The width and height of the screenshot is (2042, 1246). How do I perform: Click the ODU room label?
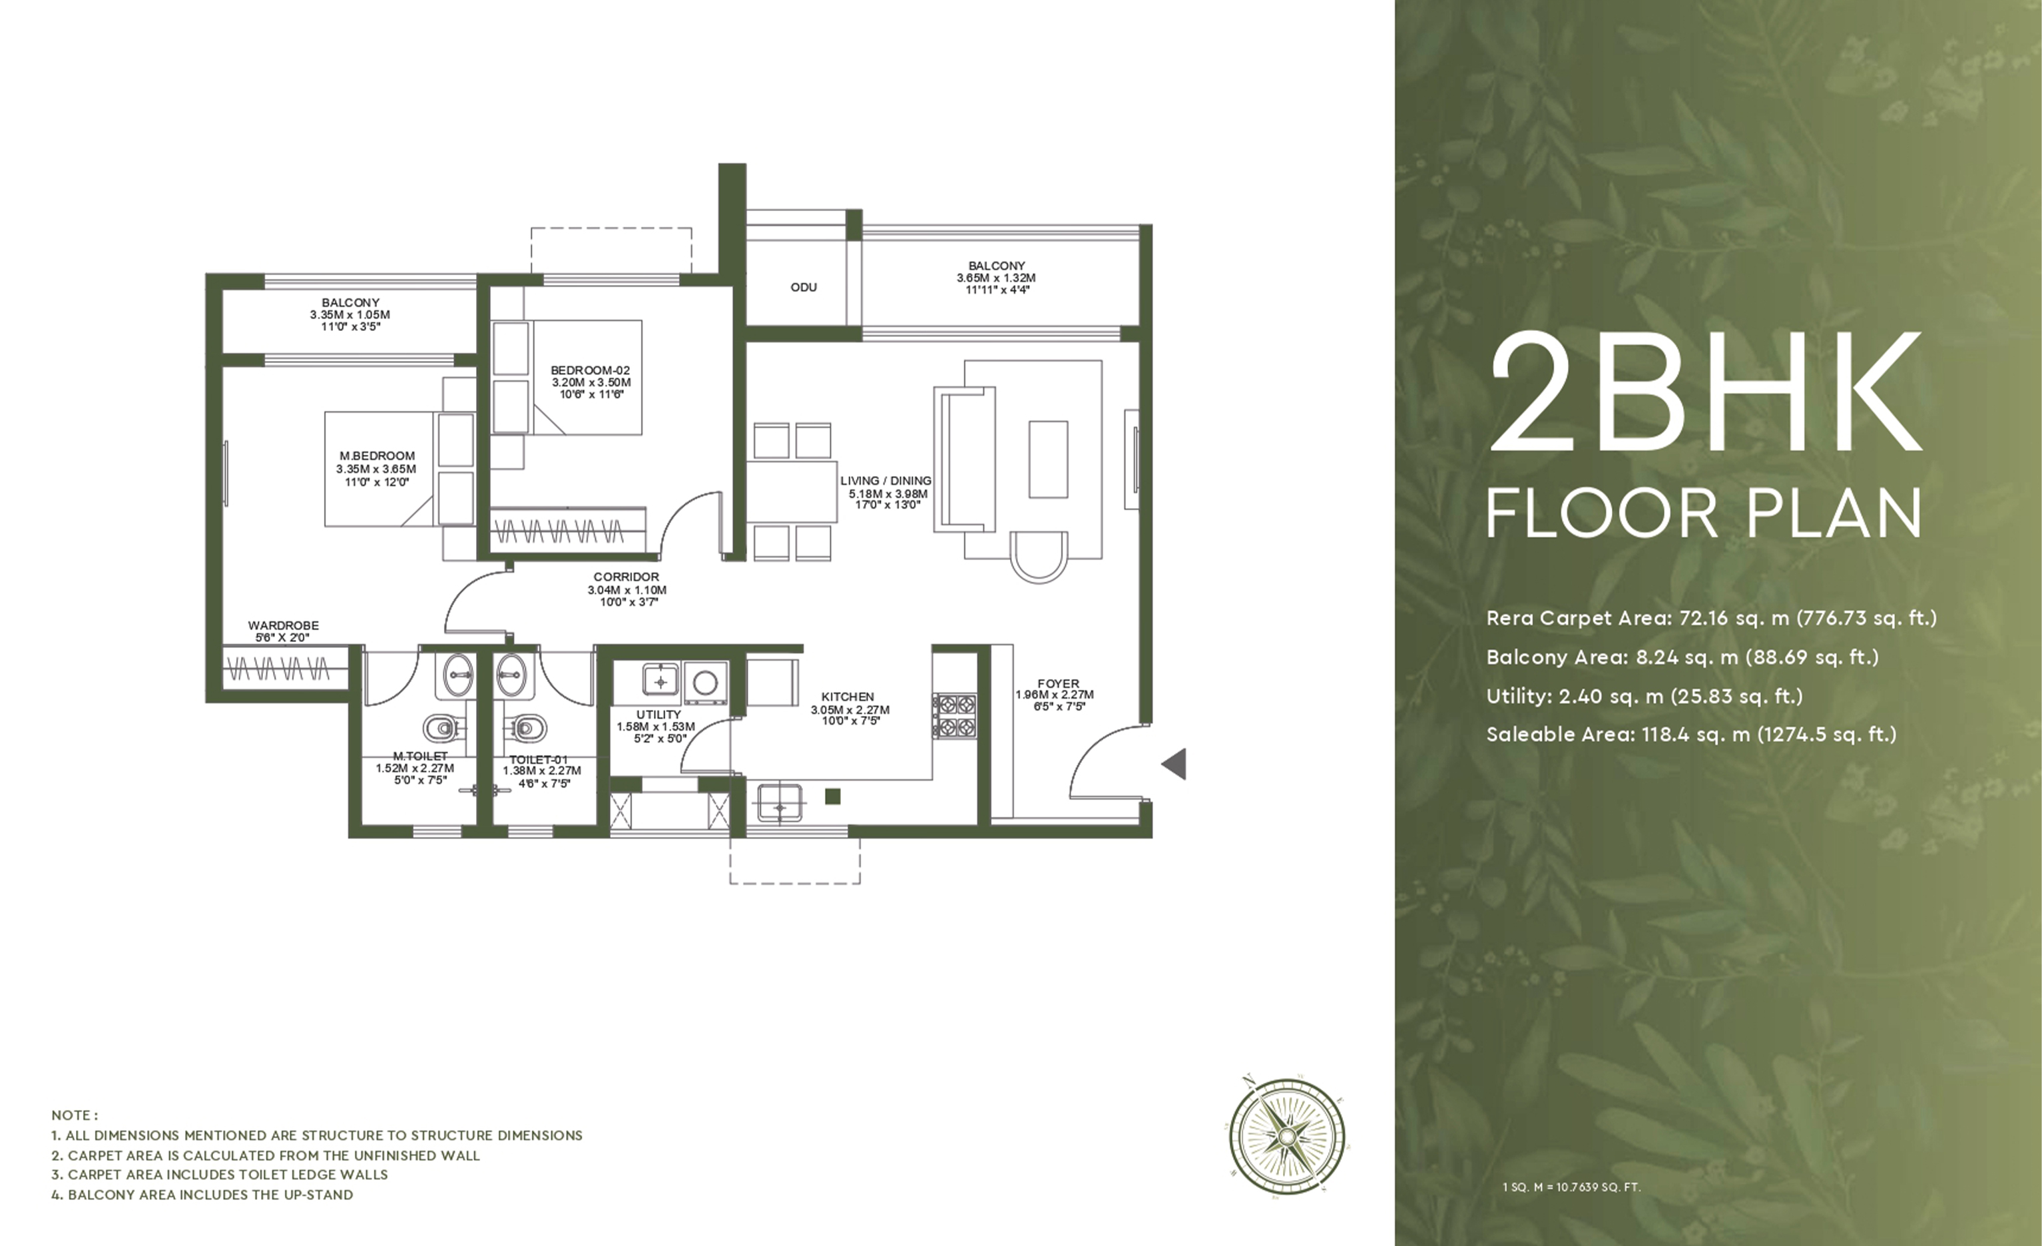click(803, 288)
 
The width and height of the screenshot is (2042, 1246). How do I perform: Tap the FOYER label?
click(1059, 684)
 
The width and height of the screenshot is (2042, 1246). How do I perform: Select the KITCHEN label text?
click(848, 697)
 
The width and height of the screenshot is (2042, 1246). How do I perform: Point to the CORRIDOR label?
click(627, 577)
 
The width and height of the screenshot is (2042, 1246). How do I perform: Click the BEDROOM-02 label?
click(590, 370)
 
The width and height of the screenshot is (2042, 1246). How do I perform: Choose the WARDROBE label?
click(284, 626)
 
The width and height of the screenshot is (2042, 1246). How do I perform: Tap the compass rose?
click(1287, 1135)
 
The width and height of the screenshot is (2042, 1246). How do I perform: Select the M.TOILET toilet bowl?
click(443, 729)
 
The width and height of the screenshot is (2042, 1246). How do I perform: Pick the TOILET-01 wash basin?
click(511, 675)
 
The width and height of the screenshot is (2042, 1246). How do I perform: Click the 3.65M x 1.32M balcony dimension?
click(996, 278)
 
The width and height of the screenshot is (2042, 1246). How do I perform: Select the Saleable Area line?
click(1691, 735)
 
